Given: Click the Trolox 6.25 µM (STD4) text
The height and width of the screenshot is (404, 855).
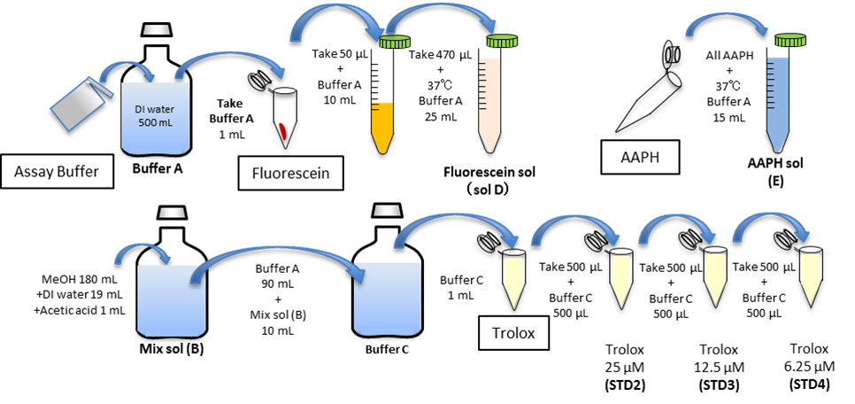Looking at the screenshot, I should (807, 364).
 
